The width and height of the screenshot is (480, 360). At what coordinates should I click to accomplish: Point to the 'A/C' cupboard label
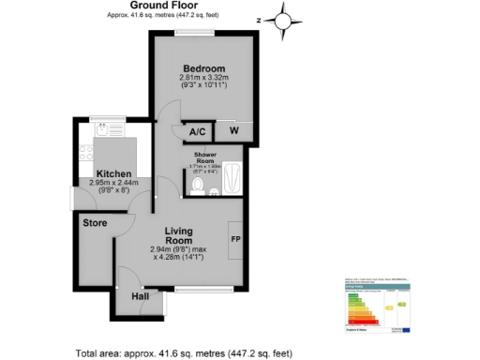198,131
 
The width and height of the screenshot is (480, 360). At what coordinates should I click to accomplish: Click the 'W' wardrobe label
232,131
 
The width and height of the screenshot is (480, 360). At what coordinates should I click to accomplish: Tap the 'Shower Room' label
206,157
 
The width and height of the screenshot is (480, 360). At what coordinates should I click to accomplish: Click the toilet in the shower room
197,187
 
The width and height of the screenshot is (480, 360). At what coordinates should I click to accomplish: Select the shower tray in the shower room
234,177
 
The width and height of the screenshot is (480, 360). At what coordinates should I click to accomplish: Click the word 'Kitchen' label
113,174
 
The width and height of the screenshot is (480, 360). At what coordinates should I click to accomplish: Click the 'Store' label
95,223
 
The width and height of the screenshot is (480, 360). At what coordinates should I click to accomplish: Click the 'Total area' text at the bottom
185,352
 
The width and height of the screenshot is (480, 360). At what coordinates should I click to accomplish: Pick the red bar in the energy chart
357,322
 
